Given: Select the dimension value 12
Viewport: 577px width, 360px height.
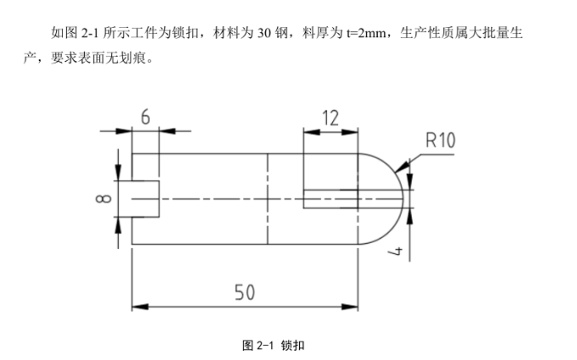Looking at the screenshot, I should pyautogui.click(x=331, y=118).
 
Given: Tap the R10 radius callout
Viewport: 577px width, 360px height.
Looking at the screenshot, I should pyautogui.click(x=440, y=140).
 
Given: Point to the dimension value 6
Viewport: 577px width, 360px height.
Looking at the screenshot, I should pyautogui.click(x=146, y=118).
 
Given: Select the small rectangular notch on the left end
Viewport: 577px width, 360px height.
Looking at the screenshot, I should pyautogui.click(x=144, y=198).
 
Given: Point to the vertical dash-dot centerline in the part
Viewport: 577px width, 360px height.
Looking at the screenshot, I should pyautogui.click(x=268, y=199).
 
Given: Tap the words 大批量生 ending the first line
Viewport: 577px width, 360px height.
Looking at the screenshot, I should pyautogui.click(x=507, y=35).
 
